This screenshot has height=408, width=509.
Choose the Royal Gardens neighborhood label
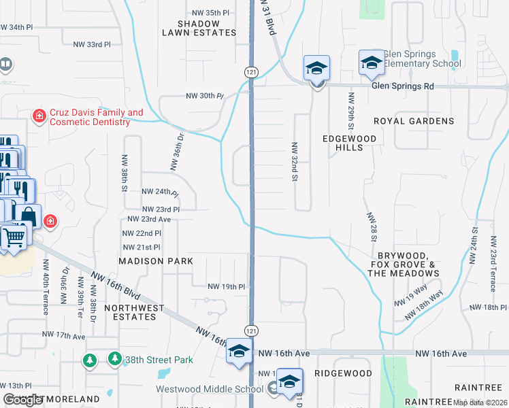tap(414, 121)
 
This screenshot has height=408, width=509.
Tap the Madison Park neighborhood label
tap(156, 261)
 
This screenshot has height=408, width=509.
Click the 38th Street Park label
tap(156, 360)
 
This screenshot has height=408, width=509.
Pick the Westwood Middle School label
tap(210, 390)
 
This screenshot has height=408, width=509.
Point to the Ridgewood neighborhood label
tap(343, 373)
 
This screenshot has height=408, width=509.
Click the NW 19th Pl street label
tap(226, 287)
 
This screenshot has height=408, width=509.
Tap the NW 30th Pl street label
tap(205, 97)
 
